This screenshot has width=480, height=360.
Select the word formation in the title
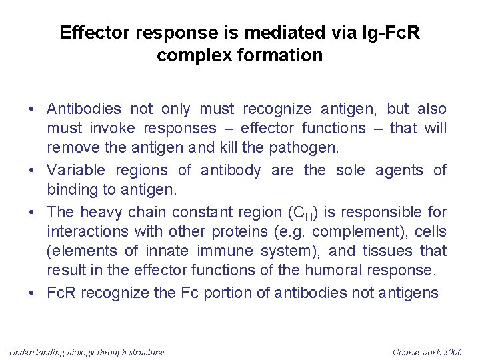[284, 55]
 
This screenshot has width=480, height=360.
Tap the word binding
[71, 189]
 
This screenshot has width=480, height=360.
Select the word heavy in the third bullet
[99, 213]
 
